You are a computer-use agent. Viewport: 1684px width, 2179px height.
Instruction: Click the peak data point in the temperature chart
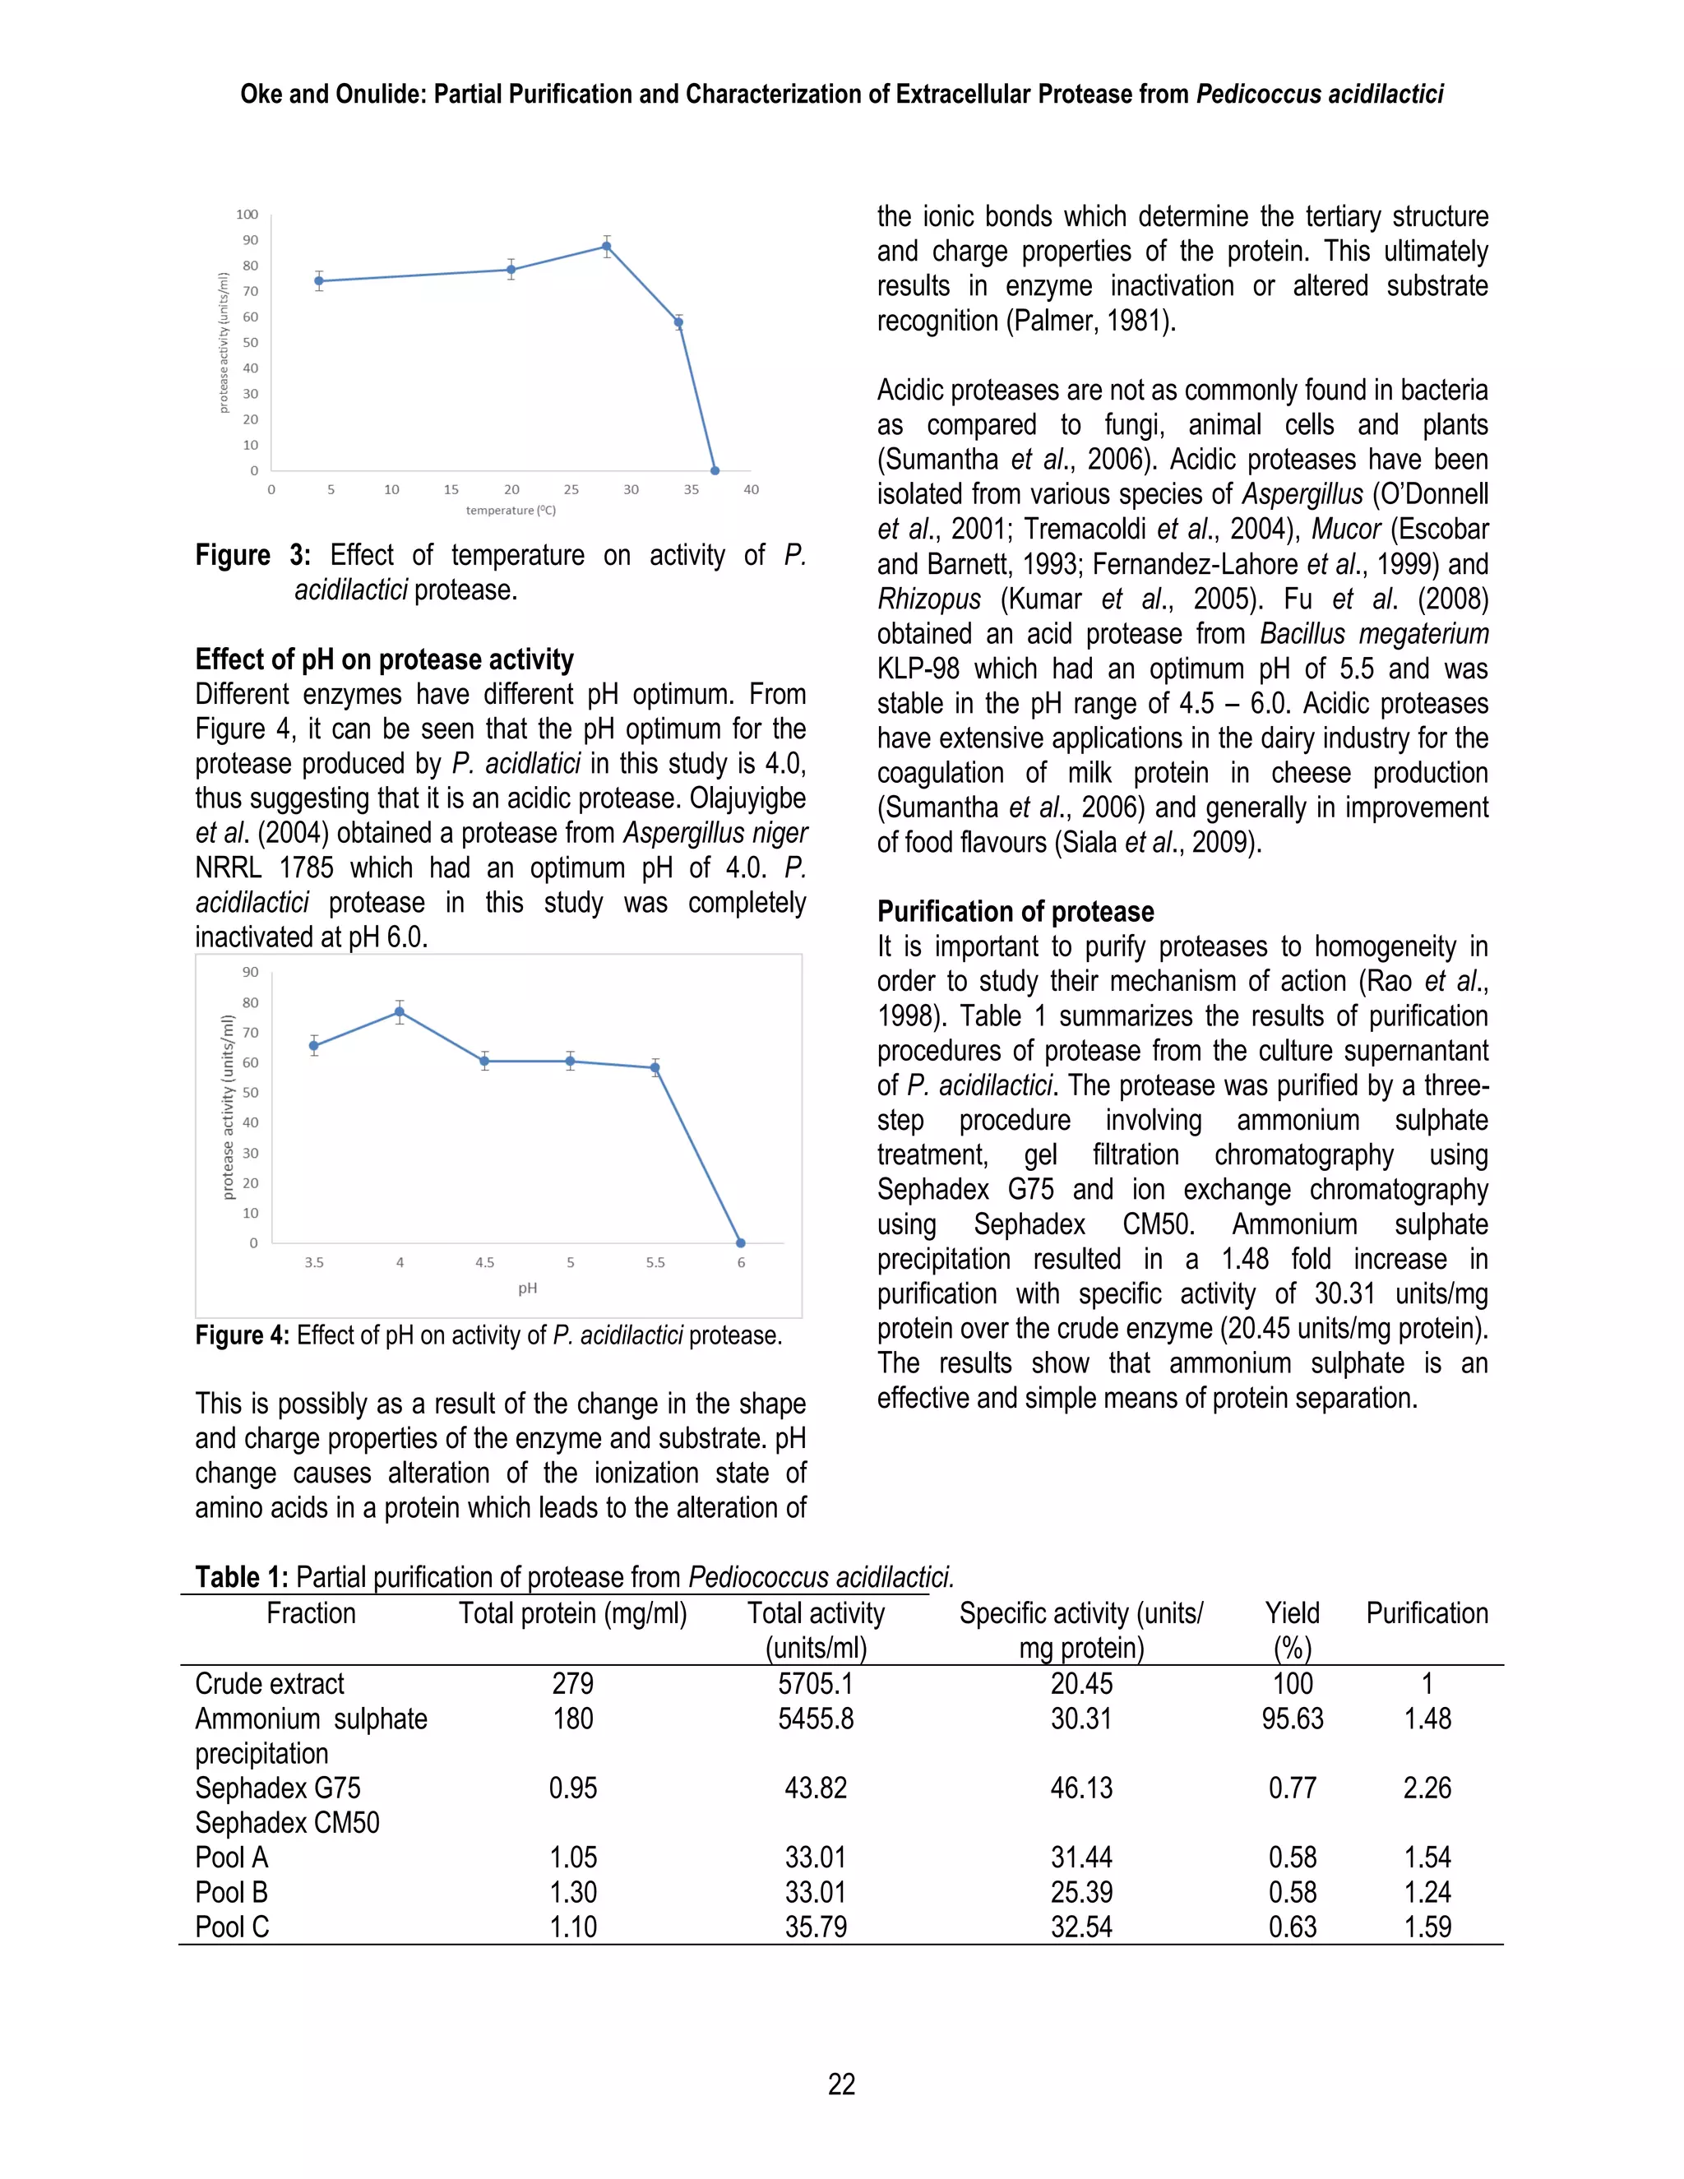607,247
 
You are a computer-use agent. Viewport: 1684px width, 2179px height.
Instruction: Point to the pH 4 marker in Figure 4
399,1011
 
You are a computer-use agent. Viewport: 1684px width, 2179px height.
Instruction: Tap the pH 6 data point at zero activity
740,1243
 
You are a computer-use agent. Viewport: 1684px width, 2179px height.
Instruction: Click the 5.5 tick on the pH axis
655,1263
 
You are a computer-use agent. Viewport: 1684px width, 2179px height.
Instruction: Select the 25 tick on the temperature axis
571,490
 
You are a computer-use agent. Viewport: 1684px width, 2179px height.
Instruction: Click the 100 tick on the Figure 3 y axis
247,215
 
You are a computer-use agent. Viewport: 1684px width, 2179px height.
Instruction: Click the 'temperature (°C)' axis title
511,511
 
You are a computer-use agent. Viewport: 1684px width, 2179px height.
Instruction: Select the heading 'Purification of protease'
1015,912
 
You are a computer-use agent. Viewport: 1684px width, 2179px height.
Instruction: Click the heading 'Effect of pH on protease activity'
384,659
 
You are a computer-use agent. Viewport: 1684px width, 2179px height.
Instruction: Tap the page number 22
841,2084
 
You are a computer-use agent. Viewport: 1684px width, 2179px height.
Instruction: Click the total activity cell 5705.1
815,1684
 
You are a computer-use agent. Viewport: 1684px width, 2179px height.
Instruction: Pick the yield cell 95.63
1292,1719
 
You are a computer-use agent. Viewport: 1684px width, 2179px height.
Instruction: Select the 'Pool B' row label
231,1893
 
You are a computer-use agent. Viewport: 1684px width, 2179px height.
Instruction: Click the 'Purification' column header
1427,1613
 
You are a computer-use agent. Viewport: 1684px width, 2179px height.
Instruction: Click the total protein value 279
572,1684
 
